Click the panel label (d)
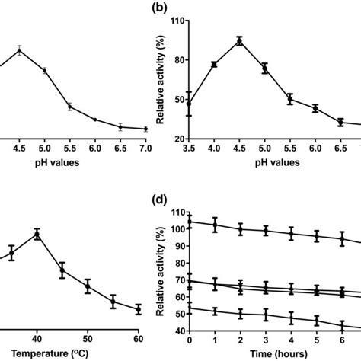coord(164,200)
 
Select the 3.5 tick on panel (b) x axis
coord(190,149)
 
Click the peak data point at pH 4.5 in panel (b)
coord(240,41)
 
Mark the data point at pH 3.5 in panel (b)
coord(190,104)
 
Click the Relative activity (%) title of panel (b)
coord(161,79)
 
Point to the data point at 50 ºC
coord(88,286)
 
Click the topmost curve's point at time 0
coord(190,222)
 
